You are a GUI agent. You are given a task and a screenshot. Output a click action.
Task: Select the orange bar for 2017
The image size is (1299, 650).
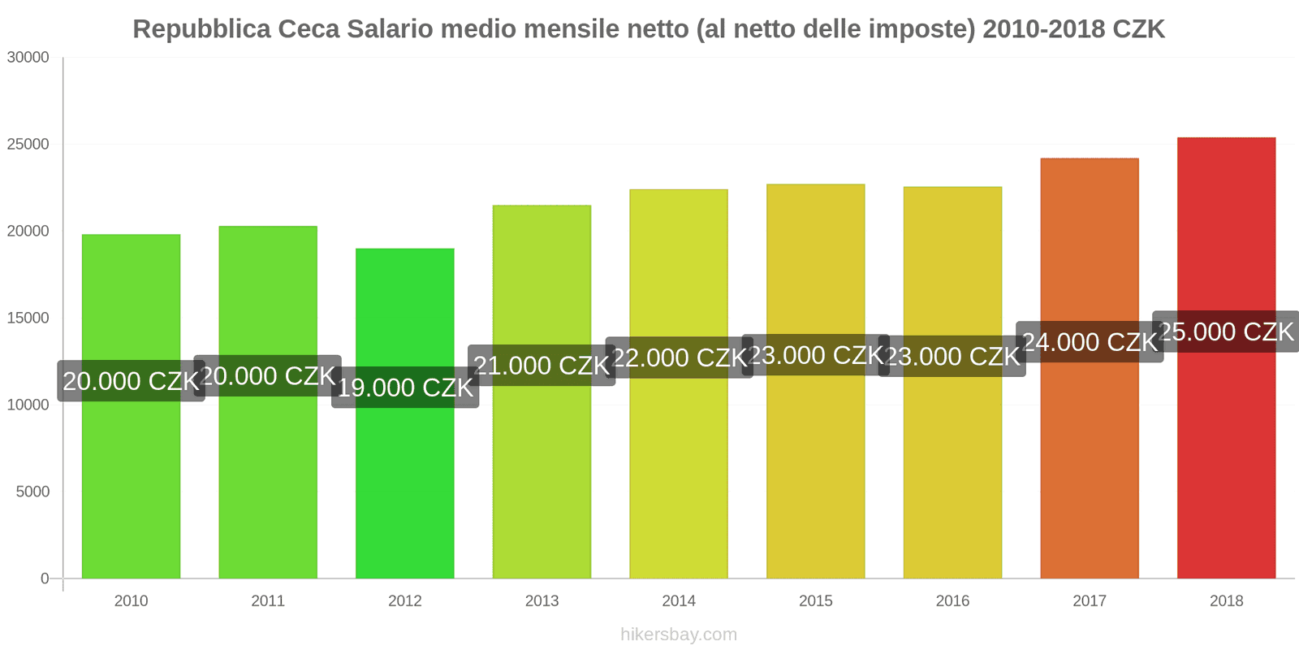point(1089,471)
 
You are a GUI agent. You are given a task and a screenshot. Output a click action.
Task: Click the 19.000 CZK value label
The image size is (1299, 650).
point(405,388)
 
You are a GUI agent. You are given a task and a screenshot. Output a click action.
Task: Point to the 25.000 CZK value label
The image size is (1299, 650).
point(1226,331)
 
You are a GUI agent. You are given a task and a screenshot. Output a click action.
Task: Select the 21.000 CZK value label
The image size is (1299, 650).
point(542,366)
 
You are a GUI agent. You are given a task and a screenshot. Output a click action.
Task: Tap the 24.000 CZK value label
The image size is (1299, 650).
point(1090,342)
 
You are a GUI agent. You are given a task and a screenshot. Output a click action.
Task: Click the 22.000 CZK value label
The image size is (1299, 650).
point(679,357)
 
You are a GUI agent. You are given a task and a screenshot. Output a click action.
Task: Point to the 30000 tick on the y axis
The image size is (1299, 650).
point(28,58)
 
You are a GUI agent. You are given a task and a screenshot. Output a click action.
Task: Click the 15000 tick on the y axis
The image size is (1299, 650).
point(28,318)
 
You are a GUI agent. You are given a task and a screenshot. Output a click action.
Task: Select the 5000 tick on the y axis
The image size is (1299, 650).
point(32,492)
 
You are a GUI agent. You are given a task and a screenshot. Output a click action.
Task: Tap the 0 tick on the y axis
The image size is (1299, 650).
point(45,578)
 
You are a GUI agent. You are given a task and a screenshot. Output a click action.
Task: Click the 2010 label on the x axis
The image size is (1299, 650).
point(131,601)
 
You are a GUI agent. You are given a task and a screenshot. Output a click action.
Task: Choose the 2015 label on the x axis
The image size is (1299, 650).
point(815,601)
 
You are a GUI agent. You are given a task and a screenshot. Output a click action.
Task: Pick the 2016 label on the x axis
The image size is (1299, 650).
point(952,601)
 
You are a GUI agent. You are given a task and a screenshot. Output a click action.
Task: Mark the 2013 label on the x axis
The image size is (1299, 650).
point(542,601)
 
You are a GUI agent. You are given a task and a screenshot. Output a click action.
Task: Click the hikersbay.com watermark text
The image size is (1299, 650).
point(679,635)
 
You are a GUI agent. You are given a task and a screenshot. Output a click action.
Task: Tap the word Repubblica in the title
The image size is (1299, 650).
point(201,29)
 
